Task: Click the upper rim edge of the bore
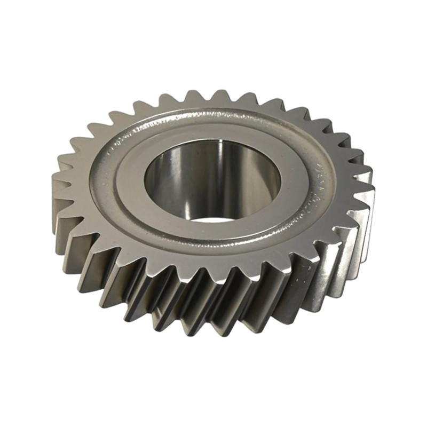213,140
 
